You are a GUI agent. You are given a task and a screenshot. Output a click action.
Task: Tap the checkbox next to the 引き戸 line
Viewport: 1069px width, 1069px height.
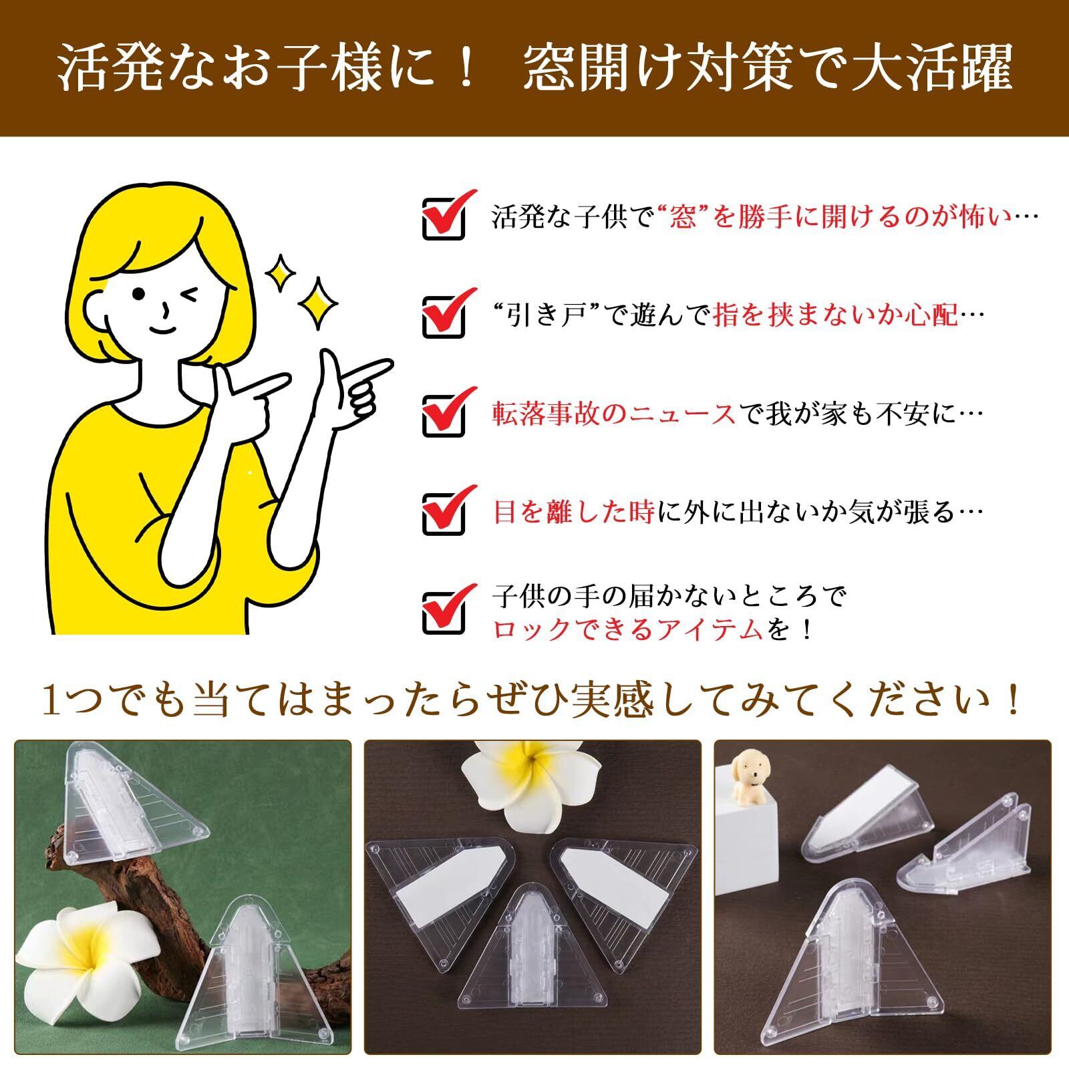(x=443, y=316)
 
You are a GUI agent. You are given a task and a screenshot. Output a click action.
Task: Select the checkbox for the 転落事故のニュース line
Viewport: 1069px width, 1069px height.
(x=443, y=415)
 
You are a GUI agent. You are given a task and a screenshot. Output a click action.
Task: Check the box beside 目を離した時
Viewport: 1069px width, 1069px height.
(x=443, y=513)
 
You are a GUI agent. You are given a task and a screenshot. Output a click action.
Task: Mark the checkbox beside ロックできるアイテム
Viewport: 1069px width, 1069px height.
(x=443, y=612)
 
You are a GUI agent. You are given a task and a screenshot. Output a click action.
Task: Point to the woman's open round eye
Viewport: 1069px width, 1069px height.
(x=139, y=294)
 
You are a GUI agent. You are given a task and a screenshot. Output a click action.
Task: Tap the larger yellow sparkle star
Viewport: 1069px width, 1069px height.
(x=317, y=303)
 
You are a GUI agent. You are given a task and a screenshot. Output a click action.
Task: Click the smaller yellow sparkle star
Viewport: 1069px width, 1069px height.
(x=281, y=272)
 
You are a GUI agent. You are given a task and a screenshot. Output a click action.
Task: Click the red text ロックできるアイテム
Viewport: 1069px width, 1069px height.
(x=629, y=629)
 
